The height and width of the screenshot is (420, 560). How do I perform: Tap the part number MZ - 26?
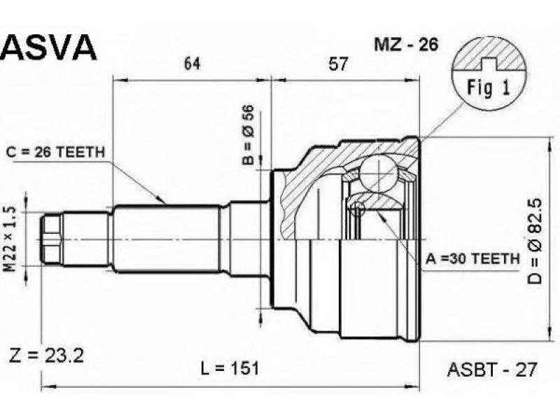coord(406,45)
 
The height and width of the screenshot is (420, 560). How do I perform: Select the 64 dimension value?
coord(192,64)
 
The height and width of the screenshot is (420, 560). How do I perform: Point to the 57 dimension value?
coord(337,64)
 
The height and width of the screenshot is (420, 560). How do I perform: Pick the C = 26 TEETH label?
coord(55,153)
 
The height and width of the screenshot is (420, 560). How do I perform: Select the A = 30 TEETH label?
coord(472,258)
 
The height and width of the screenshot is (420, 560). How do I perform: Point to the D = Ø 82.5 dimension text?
coord(535,241)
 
